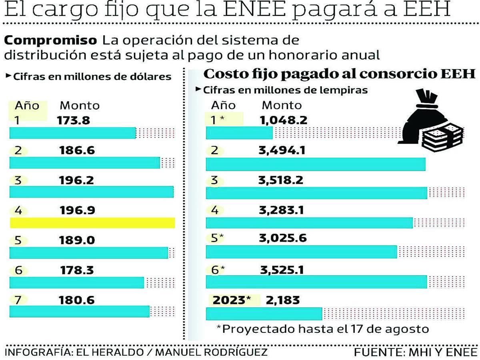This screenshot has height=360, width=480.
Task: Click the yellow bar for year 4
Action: [92, 223]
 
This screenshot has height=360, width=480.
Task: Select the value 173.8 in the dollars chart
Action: [74, 120]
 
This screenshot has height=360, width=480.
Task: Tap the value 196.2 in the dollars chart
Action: [77, 180]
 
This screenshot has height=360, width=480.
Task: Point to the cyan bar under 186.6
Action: [84, 163]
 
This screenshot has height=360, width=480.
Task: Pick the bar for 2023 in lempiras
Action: [264, 314]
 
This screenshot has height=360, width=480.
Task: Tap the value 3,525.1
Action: [282, 270]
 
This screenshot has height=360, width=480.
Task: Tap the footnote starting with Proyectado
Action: [322, 329]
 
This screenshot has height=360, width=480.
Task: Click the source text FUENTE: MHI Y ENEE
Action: [416, 352]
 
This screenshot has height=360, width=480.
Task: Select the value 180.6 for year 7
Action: [77, 300]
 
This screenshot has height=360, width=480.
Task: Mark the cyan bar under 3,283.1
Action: [309, 223]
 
